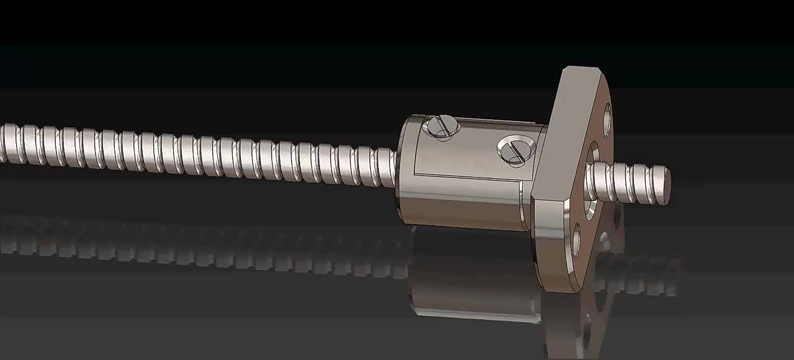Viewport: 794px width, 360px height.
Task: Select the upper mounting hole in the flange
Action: (607, 120)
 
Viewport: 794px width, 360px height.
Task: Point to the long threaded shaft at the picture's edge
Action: (9, 143)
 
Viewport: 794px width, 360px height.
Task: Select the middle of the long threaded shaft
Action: (198, 154)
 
